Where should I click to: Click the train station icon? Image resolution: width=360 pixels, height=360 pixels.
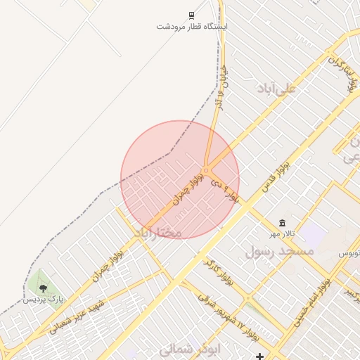191,15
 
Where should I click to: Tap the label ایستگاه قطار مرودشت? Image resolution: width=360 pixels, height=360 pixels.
192,27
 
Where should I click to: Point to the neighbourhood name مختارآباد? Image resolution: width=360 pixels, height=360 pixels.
157,232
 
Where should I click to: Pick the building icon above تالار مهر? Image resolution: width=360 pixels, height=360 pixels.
282,223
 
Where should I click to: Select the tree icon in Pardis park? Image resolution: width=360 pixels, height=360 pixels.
44,288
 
